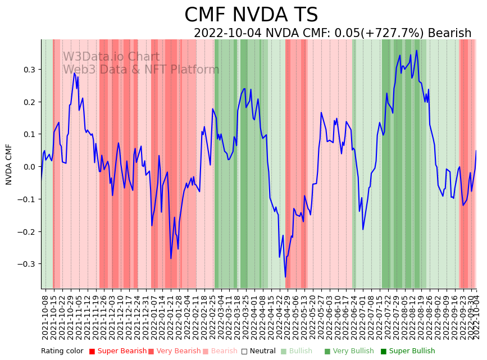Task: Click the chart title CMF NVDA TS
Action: [251, 15]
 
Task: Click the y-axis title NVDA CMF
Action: [9, 164]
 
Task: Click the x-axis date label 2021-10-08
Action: [45, 317]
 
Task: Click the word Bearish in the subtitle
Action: [449, 33]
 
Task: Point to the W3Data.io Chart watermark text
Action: [111, 57]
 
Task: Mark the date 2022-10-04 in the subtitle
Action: [228, 33]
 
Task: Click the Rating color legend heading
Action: [62, 352]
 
